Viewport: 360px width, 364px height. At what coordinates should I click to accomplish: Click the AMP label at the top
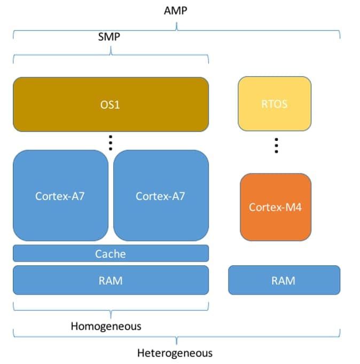pyautogui.click(x=176, y=11)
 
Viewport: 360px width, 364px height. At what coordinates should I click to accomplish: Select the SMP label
pyautogui.click(x=109, y=37)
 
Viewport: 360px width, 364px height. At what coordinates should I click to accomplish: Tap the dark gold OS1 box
pyautogui.click(x=111, y=104)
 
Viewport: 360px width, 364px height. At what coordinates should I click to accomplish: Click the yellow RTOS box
pyautogui.click(x=275, y=104)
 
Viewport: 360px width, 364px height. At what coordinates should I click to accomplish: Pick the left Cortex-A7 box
pyautogui.click(x=60, y=195)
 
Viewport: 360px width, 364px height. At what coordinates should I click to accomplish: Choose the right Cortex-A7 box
pyautogui.click(x=161, y=195)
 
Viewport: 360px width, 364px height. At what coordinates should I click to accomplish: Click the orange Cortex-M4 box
pyautogui.click(x=275, y=207)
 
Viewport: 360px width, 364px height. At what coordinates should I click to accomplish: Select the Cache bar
pyautogui.click(x=111, y=254)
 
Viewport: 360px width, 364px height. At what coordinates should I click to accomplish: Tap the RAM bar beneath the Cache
pyautogui.click(x=111, y=280)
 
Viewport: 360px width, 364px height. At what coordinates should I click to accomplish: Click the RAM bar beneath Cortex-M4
pyautogui.click(x=284, y=280)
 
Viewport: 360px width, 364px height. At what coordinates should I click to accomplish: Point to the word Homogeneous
pyautogui.click(x=106, y=326)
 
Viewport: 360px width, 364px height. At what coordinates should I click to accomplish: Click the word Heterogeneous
pyautogui.click(x=175, y=353)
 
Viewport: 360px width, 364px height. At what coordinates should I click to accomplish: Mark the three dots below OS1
pyautogui.click(x=111, y=142)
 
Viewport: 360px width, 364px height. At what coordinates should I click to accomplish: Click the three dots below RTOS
pyautogui.click(x=276, y=146)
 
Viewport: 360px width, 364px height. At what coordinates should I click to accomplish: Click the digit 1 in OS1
pyautogui.click(x=118, y=104)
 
